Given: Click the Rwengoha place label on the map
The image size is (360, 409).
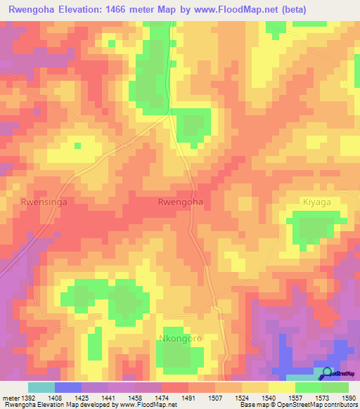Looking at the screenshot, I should pyautogui.click(x=181, y=202).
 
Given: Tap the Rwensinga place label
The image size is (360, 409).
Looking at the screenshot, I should pyautogui.click(x=44, y=202).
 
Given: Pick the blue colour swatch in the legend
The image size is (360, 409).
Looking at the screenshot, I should pyautogui.click(x=68, y=387).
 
